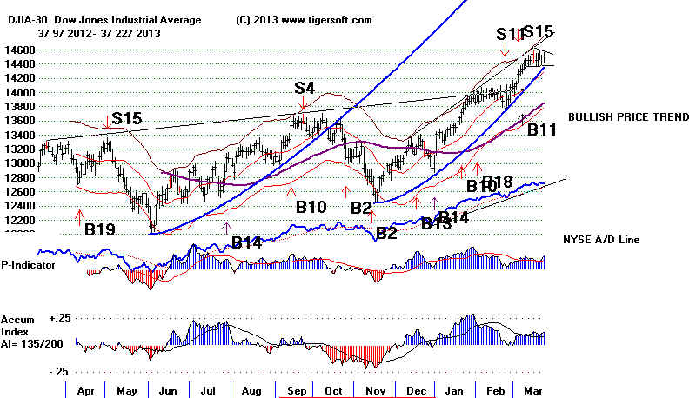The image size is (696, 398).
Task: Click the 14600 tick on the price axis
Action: point(19,50)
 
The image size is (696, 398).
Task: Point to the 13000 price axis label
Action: point(19,163)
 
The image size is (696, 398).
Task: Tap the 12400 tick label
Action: point(19,205)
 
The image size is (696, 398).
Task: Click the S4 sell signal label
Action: point(304,88)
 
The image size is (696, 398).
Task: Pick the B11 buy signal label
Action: point(544,130)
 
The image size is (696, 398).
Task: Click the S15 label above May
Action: point(127,118)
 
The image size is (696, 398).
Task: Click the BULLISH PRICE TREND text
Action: point(619,116)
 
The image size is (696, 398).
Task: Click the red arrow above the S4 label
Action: point(304,103)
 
